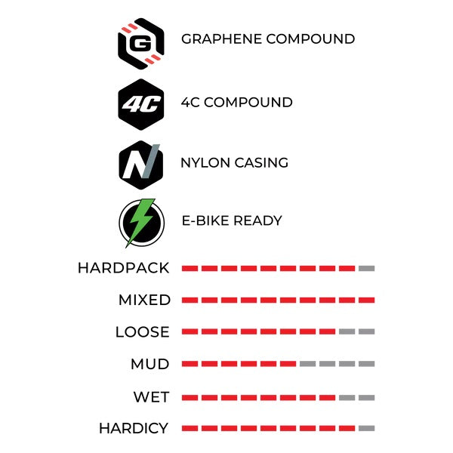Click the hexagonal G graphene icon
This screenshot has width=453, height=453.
141,44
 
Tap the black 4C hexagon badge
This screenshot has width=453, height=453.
141,104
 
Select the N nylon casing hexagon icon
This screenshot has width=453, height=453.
141,165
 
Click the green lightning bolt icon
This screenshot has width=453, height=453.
141,223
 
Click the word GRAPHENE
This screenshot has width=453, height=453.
221,39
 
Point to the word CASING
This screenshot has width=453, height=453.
261,162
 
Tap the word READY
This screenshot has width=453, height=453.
257,220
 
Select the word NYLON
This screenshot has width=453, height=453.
205,162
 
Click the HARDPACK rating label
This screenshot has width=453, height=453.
124,268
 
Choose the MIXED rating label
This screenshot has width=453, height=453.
144,300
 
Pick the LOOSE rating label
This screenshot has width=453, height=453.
143,331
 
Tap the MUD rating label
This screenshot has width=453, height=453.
150,364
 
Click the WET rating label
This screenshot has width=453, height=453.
152,397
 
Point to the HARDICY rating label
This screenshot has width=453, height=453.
134,428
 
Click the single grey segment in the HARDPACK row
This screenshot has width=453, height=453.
367,269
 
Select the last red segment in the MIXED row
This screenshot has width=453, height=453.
367,300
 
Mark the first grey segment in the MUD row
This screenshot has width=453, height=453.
308,364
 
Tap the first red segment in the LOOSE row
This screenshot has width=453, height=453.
190,331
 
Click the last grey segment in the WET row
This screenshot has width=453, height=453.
367,398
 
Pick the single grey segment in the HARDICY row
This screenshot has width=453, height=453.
367,428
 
